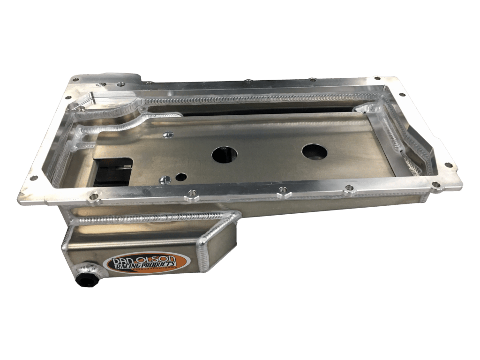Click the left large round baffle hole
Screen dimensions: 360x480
(x=225, y=154)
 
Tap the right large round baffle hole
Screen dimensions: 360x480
(x=314, y=151)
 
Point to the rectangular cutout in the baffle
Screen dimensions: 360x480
(x=112, y=171)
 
